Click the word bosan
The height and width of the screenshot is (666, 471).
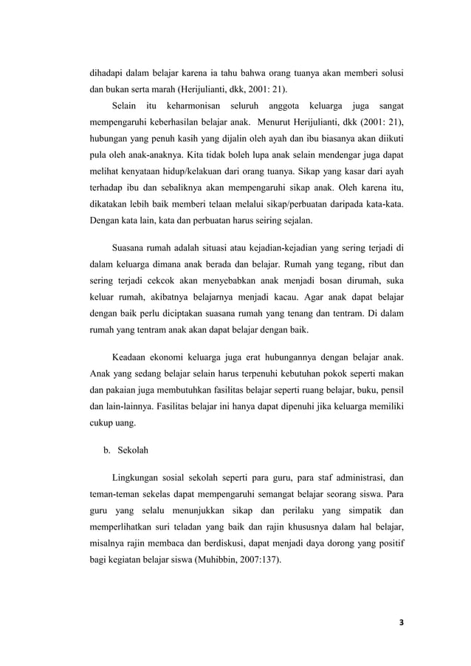click(323, 281)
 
